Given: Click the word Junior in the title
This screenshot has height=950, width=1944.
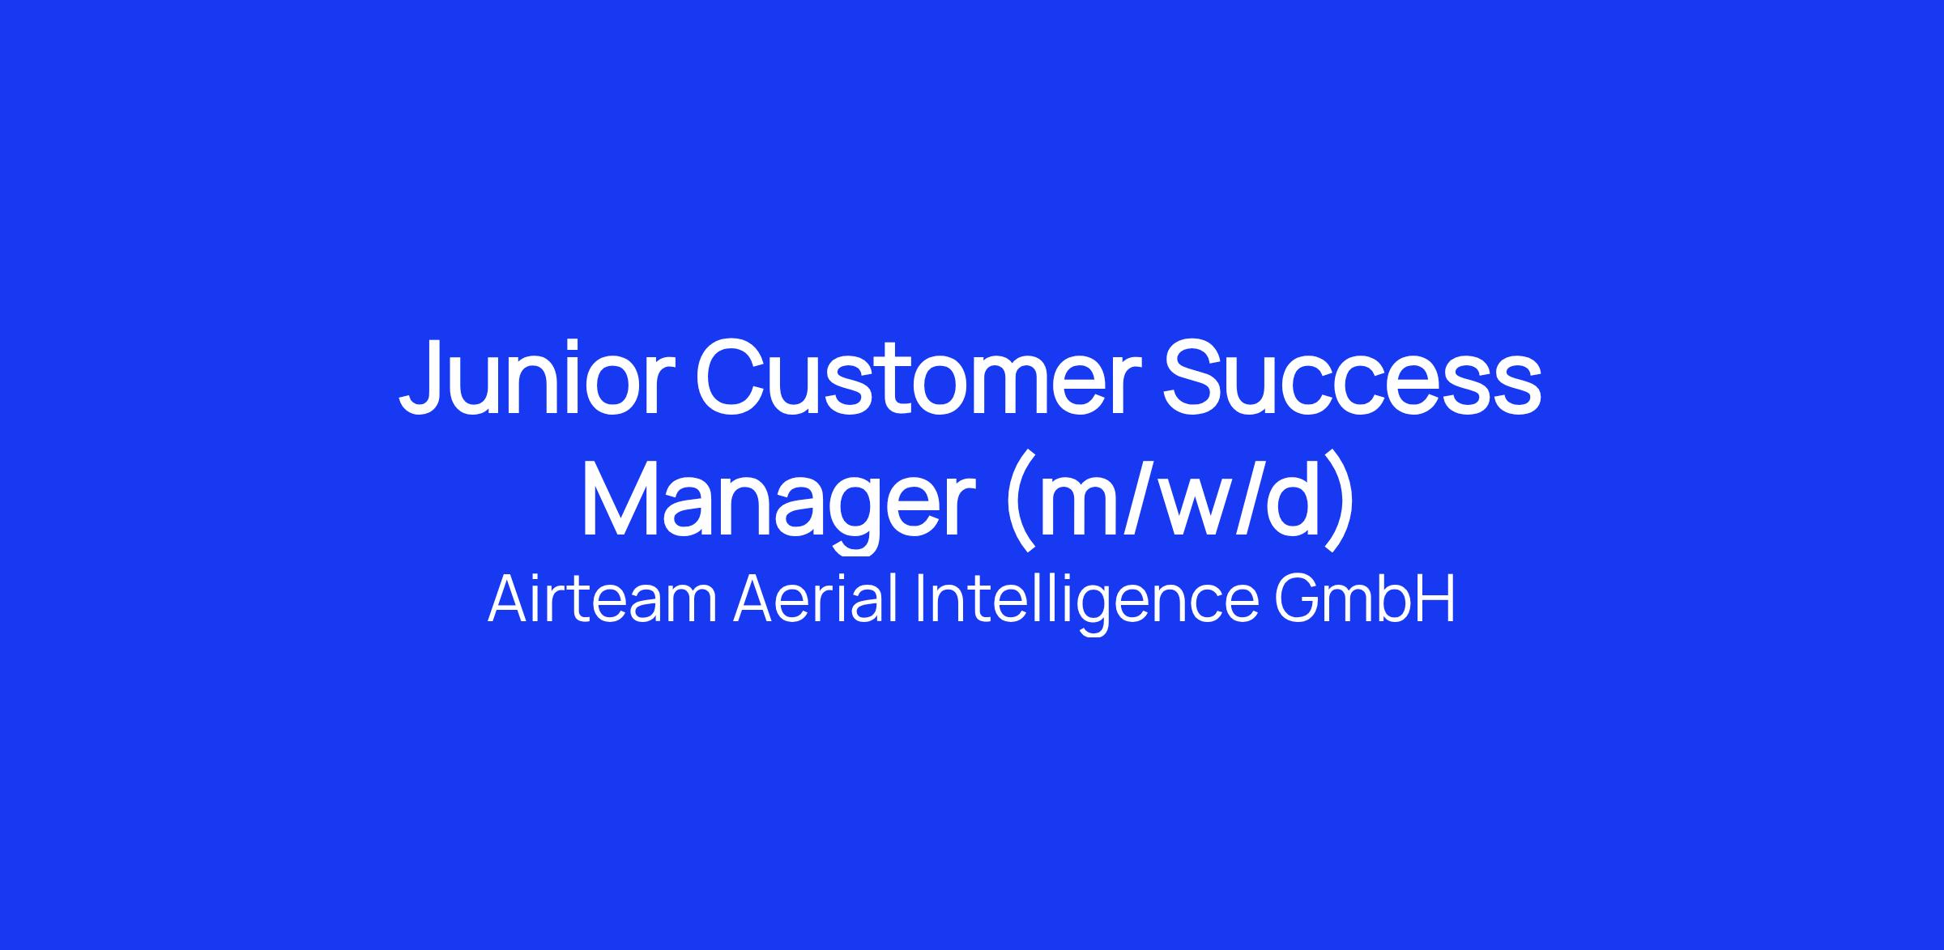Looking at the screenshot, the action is pyautogui.click(x=538, y=377).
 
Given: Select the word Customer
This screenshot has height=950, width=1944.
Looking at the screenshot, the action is pyautogui.click(x=920, y=377).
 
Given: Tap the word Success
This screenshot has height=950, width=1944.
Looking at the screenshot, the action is pyautogui.click(x=1352, y=377).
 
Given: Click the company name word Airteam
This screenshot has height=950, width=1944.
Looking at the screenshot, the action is pyautogui.click(x=603, y=599).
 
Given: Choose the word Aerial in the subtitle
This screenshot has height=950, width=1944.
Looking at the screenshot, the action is pyautogui.click(x=816, y=599).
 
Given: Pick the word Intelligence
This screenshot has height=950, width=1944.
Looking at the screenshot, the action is pyautogui.click(x=1087, y=604).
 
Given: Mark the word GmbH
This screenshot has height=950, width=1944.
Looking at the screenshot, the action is pyautogui.click(x=1365, y=599).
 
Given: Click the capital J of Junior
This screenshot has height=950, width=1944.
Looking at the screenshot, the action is pyautogui.click(x=425, y=377).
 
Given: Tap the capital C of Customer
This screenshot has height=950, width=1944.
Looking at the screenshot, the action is pyautogui.click(x=732, y=377).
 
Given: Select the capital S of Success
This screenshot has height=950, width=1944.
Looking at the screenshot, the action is pyautogui.click(x=1196, y=377).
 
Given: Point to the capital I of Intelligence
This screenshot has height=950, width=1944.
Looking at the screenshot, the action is pyautogui.click(x=920, y=599).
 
